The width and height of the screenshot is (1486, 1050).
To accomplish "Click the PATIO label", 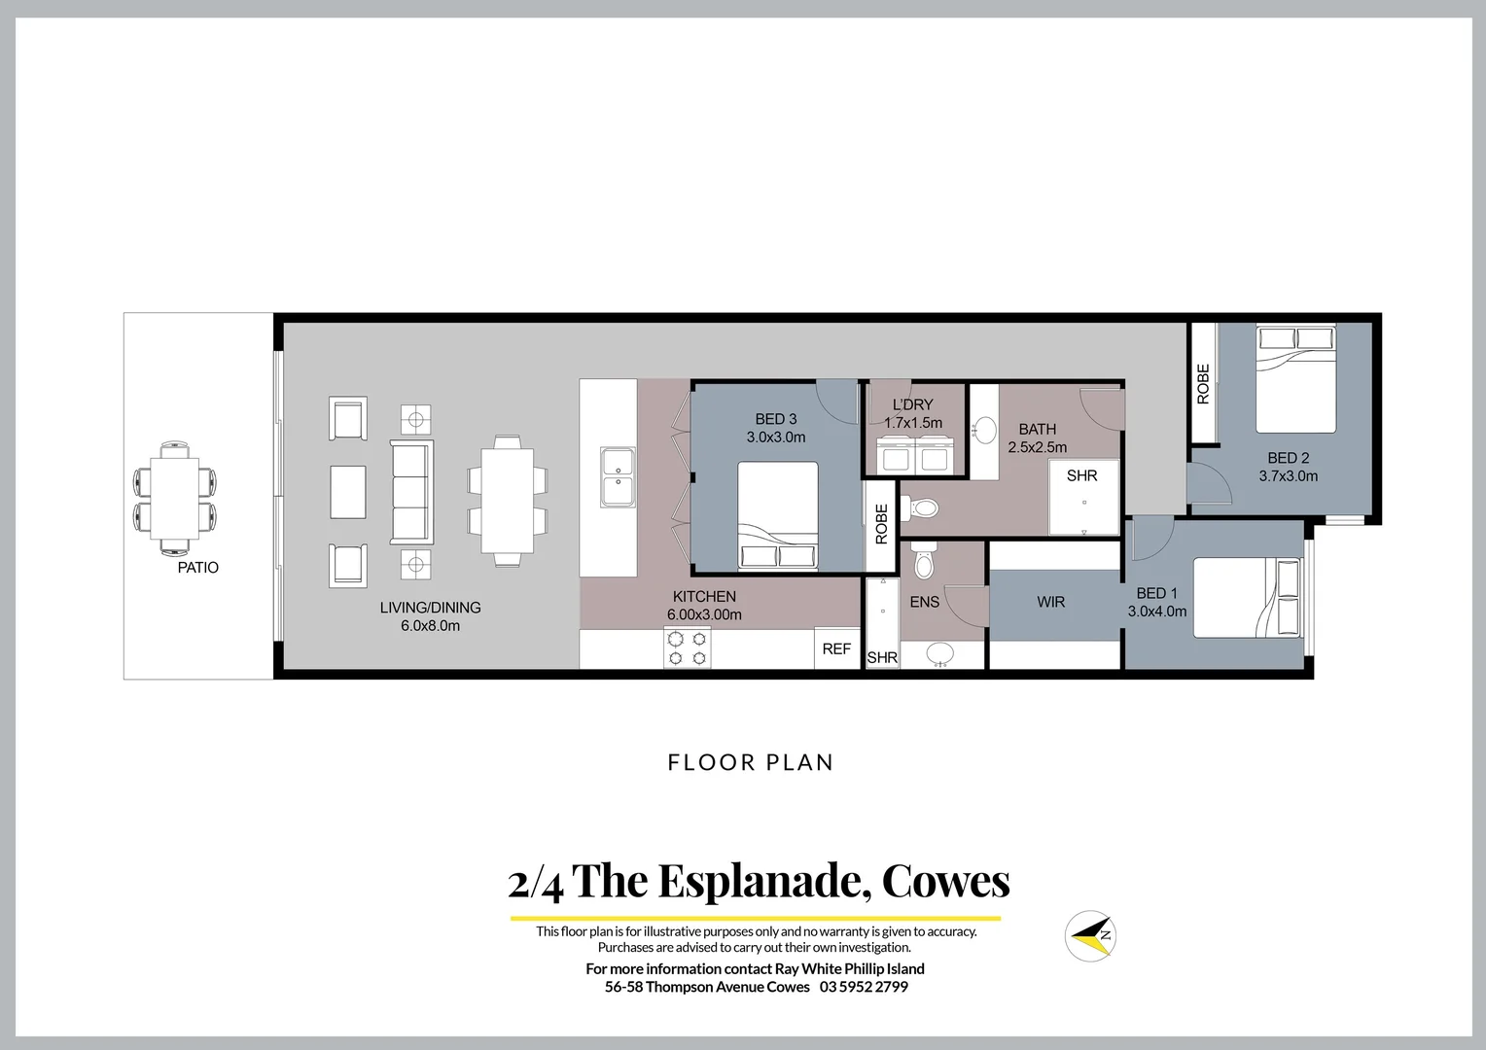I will [197, 568].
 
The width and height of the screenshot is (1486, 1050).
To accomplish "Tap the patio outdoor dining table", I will [175, 498].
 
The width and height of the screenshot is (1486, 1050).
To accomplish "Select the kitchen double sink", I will [617, 476].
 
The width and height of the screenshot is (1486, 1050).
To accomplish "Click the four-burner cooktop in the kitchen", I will [687, 647].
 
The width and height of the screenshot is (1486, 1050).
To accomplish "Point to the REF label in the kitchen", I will [836, 648].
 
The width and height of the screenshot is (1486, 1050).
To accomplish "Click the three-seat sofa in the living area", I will [411, 492].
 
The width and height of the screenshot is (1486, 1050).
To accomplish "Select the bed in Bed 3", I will [777, 515].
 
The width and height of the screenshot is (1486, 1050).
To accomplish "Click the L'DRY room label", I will [912, 404].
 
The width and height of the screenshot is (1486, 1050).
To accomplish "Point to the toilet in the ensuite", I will [924, 561].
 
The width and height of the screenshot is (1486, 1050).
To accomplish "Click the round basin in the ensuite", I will [939, 654].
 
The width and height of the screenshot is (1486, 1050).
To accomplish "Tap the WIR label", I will [1050, 602].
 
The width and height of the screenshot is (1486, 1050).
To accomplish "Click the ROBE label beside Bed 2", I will [1203, 384].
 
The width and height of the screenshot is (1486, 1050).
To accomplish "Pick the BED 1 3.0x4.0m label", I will [1156, 602].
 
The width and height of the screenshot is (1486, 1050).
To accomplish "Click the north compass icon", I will [1089, 935].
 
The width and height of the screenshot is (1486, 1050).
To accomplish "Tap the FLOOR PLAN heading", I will [751, 762].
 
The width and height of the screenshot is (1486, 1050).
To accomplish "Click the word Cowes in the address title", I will [945, 881].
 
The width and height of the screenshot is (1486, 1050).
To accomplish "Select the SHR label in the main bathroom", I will [1081, 475].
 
